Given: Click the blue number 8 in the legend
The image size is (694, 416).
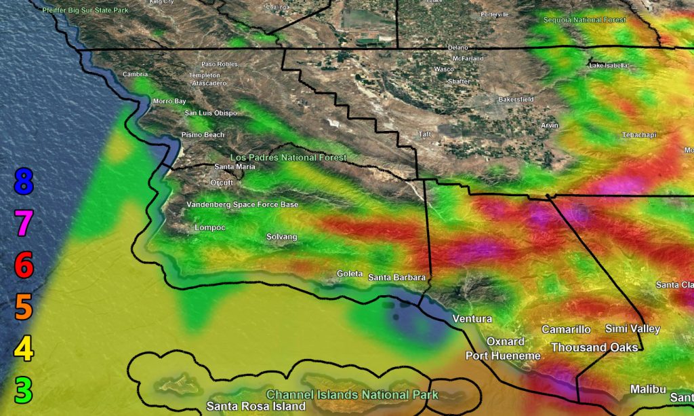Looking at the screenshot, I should pyautogui.click(x=23, y=182).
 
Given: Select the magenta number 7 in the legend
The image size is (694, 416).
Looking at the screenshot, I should pyautogui.click(x=23, y=223).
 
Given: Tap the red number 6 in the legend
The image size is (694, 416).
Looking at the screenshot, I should pyautogui.click(x=23, y=265).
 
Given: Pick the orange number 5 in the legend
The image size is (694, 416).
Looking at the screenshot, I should pyautogui.click(x=23, y=307).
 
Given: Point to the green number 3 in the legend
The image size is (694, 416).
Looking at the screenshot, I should pyautogui.click(x=23, y=390).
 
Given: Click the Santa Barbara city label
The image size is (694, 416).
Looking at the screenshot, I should pyautogui.click(x=396, y=278).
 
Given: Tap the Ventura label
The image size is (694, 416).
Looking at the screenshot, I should pyautogui.click(x=472, y=319).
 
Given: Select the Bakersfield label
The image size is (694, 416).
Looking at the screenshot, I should pyautogui.click(x=516, y=99).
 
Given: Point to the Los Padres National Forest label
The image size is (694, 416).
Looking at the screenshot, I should pyautogui.click(x=288, y=157).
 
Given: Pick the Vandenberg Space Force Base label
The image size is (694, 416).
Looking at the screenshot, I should pyautogui.click(x=242, y=204).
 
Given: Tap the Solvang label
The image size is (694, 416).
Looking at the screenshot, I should pyautogui.click(x=281, y=236).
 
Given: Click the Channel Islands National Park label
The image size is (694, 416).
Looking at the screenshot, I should pyautogui.click(x=352, y=394).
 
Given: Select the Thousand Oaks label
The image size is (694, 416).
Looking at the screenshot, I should pyautogui.click(x=594, y=347).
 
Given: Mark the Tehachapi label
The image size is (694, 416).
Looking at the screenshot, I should pyautogui.click(x=639, y=135).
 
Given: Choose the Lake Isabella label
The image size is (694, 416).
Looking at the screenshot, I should pyautogui.click(x=609, y=65).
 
